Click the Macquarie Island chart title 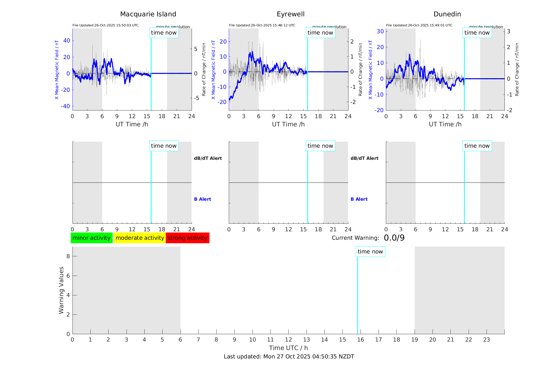[148, 14]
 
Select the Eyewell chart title [290, 14]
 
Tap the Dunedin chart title [447, 14]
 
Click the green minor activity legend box [91, 238]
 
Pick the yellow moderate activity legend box [140, 238]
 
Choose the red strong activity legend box [187, 238]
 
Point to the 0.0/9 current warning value [394, 238]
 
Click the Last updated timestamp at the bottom [289, 357]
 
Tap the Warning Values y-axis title [61, 290]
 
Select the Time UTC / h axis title [288, 348]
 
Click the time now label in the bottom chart [370, 252]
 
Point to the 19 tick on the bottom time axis [415, 340]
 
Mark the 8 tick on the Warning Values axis [68, 256]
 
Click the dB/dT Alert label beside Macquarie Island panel [208, 158]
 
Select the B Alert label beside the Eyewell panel [359, 199]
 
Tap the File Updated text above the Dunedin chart [419, 25]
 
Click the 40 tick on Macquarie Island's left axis [67, 41]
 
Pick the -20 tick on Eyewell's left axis [223, 102]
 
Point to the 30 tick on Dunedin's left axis [380, 31]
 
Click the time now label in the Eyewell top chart [320, 33]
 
